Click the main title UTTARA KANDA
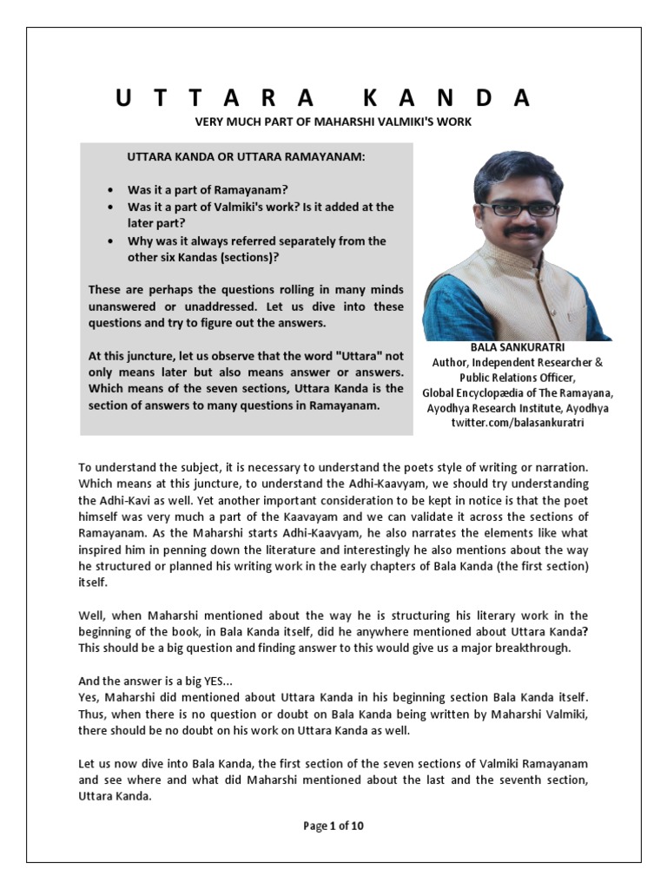(x=322, y=98)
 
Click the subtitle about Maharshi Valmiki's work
(x=333, y=122)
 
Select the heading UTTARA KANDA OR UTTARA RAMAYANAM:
(x=247, y=159)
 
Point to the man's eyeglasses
(x=518, y=208)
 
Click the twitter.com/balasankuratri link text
(x=517, y=422)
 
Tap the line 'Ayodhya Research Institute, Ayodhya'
(x=517, y=407)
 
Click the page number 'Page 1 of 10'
(x=333, y=826)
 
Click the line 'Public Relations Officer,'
(x=517, y=378)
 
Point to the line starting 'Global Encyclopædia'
(x=517, y=392)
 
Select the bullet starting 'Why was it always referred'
(x=256, y=241)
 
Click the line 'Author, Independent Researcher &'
(x=517, y=362)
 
